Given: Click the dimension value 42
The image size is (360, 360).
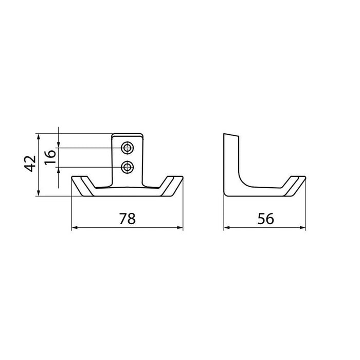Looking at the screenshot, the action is [30, 164].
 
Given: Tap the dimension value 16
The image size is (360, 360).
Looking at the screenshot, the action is [50, 157].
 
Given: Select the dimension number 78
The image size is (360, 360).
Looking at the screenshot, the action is [128, 219].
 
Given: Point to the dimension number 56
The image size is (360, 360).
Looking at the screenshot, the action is [266, 219].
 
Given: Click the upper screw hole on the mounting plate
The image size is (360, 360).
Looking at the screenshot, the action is [128, 148].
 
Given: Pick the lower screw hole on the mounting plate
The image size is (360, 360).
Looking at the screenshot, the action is [128, 167].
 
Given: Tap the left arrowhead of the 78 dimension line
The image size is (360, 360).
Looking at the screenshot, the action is [75, 227].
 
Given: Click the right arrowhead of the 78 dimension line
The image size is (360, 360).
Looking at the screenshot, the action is [180, 227].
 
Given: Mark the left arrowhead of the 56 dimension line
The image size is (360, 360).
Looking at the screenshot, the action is [227, 227].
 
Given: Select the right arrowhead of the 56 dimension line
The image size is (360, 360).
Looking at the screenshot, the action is [303, 227].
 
